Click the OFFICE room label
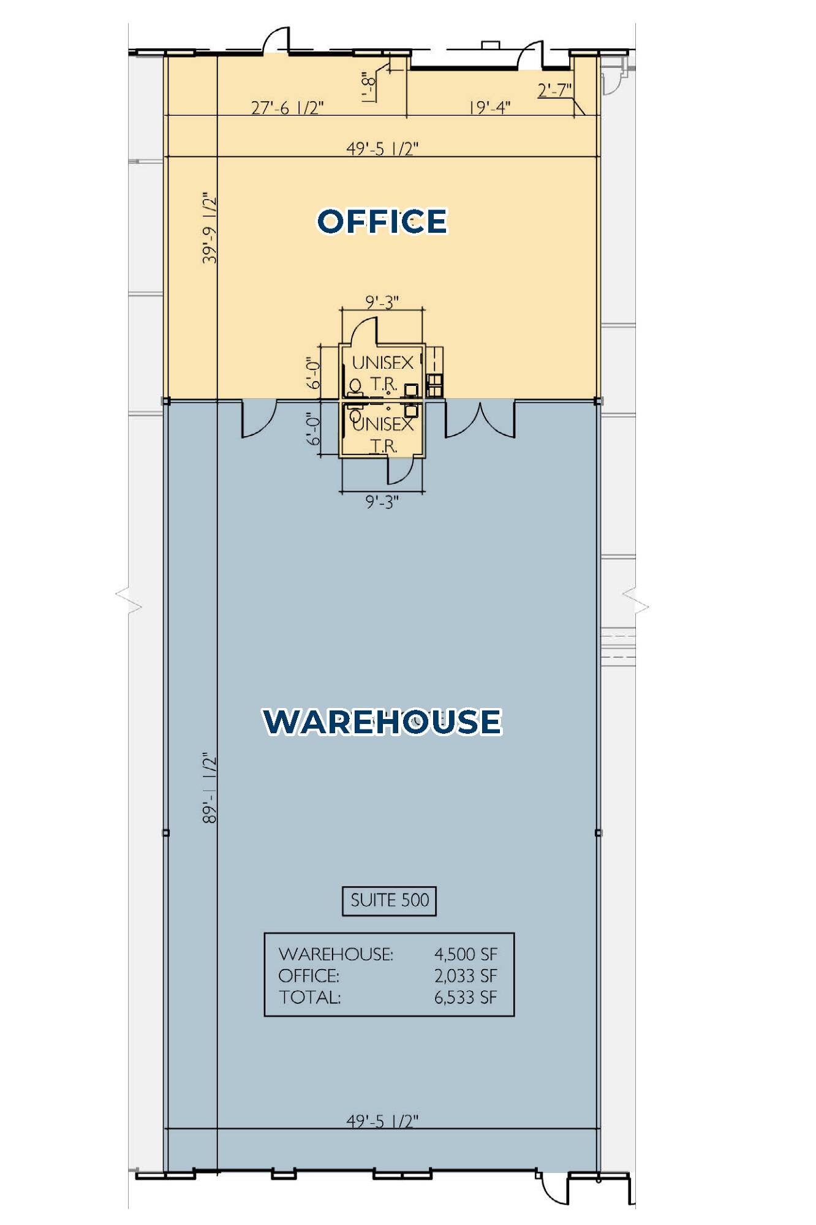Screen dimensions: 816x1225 tap(382, 221)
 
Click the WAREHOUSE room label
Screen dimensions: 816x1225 tap(382, 721)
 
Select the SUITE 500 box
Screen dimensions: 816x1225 tap(389, 901)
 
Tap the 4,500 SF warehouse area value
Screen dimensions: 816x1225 tap(466, 954)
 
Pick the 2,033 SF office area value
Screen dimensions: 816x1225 tap(466, 976)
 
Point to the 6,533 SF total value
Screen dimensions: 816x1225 tap(466, 998)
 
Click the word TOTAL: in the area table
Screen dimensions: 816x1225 tap(310, 998)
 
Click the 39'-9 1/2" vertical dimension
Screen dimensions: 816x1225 tap(210, 228)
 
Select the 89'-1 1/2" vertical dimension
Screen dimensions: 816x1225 tap(210, 788)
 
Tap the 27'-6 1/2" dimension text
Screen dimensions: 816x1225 tap(287, 108)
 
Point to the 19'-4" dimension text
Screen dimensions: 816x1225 tap(489, 108)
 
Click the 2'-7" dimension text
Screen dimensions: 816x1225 tap(554, 90)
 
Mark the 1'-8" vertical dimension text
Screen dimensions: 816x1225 tap(368, 86)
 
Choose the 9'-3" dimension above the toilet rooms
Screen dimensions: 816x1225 tap(382, 302)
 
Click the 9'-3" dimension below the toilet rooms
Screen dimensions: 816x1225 tap(382, 502)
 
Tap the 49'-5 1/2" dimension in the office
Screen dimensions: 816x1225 tap(382, 149)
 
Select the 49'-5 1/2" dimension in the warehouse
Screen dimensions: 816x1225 tap(382, 1121)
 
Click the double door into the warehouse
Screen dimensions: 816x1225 tap(480, 420)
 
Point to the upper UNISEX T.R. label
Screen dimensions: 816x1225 tap(383, 373)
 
